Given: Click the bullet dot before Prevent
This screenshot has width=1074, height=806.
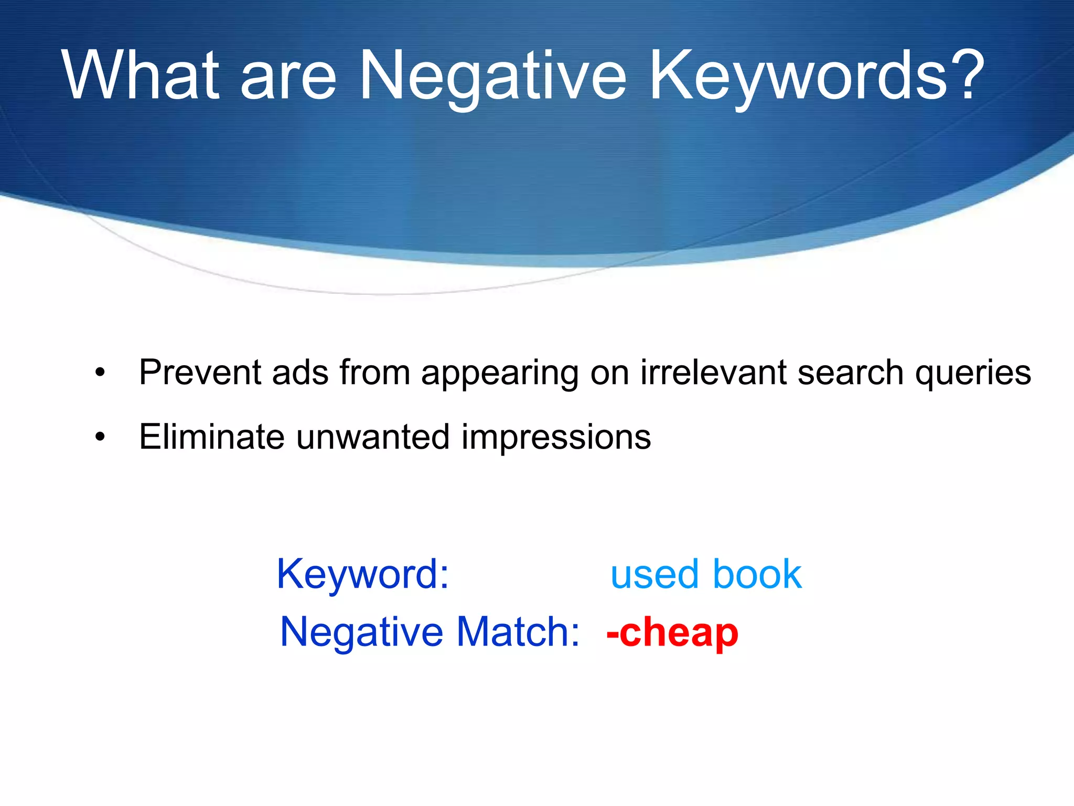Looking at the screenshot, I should (100, 374).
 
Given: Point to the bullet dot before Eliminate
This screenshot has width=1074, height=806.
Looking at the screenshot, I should (100, 437).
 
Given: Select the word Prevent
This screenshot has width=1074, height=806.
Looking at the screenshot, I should (199, 373).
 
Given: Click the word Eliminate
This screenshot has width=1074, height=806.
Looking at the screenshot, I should (211, 437).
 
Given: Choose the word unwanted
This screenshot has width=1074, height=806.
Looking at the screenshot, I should (373, 437).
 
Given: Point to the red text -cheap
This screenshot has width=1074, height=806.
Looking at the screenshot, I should (672, 633).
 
